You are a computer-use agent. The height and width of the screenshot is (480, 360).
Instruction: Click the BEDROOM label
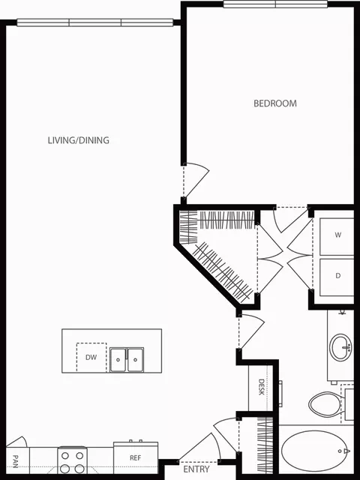pyautogui.click(x=274, y=103)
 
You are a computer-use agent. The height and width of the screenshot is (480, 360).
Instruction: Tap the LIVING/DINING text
pyautogui.click(x=79, y=140)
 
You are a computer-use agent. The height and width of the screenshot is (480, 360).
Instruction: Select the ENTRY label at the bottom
pyautogui.click(x=196, y=469)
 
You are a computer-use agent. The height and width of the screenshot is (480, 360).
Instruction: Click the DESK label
pyautogui.click(x=262, y=388)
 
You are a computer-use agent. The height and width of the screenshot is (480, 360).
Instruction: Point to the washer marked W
pyautogui.click(x=337, y=235)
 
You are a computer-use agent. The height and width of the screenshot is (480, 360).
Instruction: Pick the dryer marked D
pyautogui.click(x=337, y=275)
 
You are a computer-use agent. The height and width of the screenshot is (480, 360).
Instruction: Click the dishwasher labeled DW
pyautogui.click(x=90, y=357)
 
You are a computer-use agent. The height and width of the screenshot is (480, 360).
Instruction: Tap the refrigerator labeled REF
pyautogui.click(x=135, y=457)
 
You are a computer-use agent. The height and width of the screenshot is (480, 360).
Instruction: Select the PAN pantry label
pyautogui.click(x=15, y=458)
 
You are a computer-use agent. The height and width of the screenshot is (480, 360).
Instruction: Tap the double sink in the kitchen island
pyautogui.click(x=127, y=359)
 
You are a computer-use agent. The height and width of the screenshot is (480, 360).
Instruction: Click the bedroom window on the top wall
pyautogui.click(x=275, y=4)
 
